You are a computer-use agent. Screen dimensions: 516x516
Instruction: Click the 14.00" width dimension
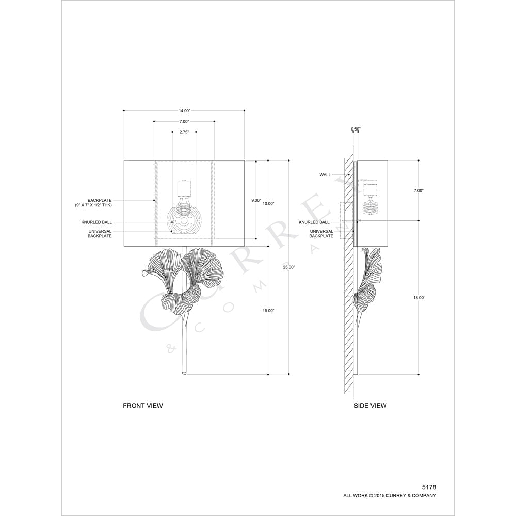click(184, 111)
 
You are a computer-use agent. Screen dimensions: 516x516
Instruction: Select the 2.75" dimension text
click(184, 132)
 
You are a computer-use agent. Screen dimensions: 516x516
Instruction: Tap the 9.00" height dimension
click(256, 200)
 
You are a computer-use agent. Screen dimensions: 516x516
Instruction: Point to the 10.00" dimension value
click(268, 204)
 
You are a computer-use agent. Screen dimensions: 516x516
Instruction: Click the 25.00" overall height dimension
click(289, 267)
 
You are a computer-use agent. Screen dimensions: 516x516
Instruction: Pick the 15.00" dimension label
click(268, 311)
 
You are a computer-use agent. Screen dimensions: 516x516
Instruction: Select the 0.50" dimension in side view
click(356, 130)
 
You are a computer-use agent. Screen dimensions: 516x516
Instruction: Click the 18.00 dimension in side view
click(418, 298)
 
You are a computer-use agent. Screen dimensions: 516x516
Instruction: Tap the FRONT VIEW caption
click(143, 406)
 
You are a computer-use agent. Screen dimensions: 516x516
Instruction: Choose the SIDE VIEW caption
click(370, 406)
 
